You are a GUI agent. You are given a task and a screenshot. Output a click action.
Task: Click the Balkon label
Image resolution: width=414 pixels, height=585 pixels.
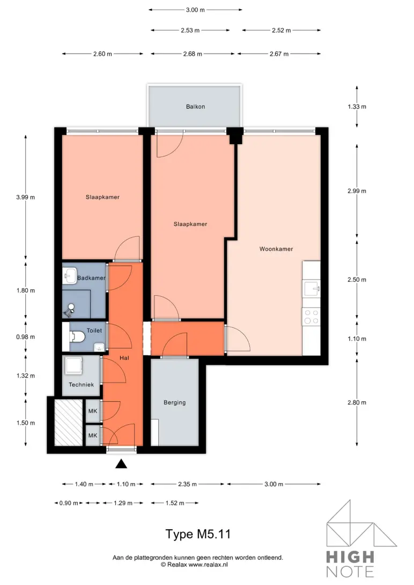point(195,107)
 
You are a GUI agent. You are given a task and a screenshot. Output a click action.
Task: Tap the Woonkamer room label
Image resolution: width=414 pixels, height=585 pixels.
point(276,249)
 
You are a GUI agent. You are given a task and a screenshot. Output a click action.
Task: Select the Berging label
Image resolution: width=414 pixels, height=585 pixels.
point(175,402)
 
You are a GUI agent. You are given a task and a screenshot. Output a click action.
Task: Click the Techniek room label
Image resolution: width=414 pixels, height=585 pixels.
point(81,385)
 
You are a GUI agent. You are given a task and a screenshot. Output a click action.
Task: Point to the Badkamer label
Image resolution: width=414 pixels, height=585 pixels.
point(91,278)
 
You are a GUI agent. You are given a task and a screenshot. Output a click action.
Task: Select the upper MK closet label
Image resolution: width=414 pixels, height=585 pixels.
point(92,411)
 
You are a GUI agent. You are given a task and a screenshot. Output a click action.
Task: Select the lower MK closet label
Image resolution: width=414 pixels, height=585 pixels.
point(92,436)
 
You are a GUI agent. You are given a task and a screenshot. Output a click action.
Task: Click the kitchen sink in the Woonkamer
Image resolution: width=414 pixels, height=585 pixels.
point(312,289)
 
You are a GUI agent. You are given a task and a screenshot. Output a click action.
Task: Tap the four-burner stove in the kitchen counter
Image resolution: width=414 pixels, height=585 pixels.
point(312,317)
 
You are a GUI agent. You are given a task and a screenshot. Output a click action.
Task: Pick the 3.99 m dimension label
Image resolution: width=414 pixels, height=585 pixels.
point(25,197)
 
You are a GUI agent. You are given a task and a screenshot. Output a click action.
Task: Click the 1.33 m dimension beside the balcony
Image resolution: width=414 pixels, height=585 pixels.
point(357,107)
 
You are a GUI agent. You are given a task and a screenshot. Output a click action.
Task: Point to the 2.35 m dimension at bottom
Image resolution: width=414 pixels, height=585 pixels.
point(187,484)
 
